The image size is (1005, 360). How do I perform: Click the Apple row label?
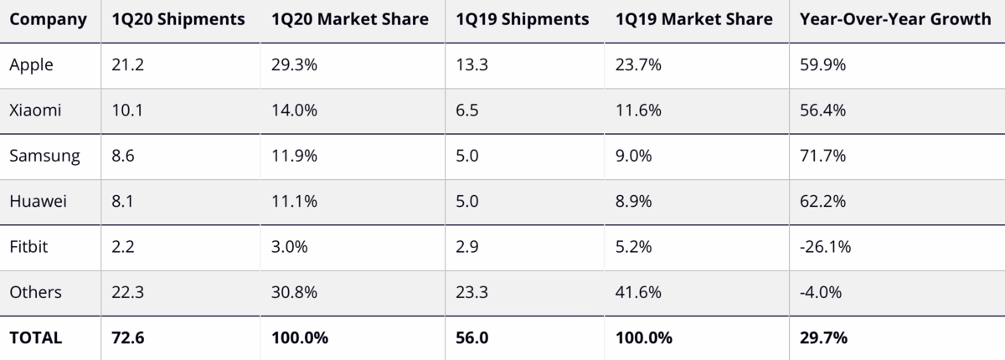[31, 65]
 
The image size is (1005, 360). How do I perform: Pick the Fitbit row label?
[30, 247]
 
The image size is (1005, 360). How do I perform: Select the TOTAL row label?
[36, 338]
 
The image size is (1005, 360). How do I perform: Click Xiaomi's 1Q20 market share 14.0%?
[294, 111]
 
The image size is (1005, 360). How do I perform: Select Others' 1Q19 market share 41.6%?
[638, 292]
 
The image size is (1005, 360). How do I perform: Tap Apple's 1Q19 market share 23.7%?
[638, 65]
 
